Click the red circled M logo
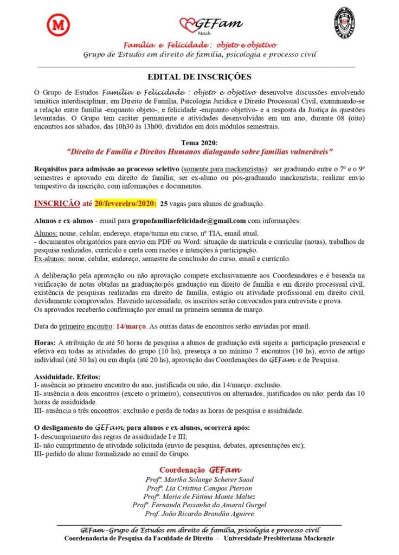click(55, 25)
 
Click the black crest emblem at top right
click(344, 23)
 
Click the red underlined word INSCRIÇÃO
click(54, 204)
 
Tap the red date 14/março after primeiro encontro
click(131, 326)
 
